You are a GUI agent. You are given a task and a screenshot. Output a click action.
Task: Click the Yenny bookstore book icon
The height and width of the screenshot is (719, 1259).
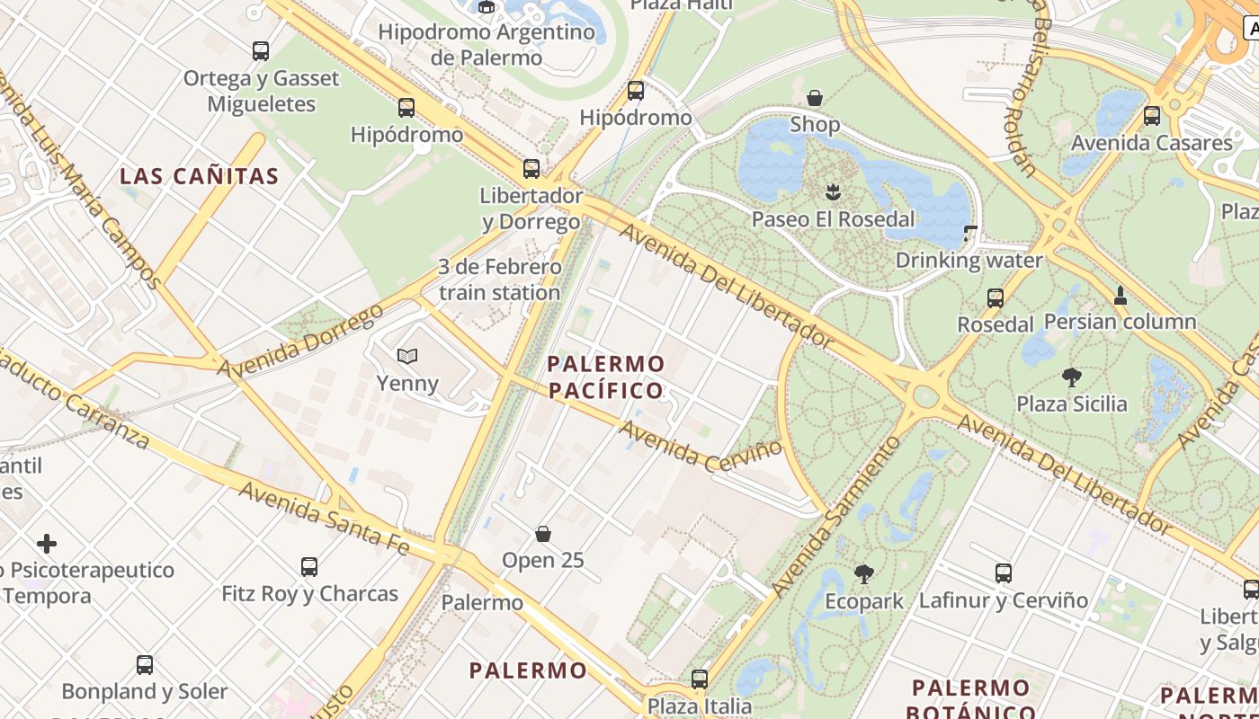(407, 357)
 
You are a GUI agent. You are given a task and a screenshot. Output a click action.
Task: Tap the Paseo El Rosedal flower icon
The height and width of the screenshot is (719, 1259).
(833, 191)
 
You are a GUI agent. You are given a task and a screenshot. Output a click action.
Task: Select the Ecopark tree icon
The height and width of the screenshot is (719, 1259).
(864, 573)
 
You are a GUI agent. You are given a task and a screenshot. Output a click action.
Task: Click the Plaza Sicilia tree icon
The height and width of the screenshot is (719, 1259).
(1071, 377)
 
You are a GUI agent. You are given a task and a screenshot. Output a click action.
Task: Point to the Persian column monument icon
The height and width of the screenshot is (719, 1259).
(1120, 294)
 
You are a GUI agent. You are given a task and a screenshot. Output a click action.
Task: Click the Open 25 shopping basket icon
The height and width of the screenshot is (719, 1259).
(543, 534)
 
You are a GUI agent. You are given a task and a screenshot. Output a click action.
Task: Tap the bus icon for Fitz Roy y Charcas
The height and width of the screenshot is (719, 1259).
(309, 567)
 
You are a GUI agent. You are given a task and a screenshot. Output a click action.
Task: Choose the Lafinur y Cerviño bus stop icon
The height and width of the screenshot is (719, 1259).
(1004, 573)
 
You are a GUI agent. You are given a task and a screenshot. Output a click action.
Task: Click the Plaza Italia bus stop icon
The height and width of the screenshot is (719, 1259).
(700, 679)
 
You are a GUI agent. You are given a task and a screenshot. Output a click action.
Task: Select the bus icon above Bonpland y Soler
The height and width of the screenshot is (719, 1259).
(145, 665)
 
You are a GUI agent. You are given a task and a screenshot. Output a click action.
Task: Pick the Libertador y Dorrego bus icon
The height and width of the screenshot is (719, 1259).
(531, 169)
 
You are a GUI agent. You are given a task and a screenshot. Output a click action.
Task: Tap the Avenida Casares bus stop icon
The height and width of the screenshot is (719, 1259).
(1152, 116)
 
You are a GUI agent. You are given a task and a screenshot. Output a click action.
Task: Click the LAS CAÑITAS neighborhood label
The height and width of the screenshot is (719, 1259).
(200, 176)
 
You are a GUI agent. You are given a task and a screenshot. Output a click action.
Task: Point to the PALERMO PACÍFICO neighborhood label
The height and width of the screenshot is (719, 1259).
(606, 377)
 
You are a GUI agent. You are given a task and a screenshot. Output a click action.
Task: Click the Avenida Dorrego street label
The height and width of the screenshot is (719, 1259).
(299, 342)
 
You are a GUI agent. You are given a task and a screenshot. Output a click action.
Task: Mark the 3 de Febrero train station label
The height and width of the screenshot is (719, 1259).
(499, 280)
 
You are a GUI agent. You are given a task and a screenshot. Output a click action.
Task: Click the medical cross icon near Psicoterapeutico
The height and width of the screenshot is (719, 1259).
(47, 544)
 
